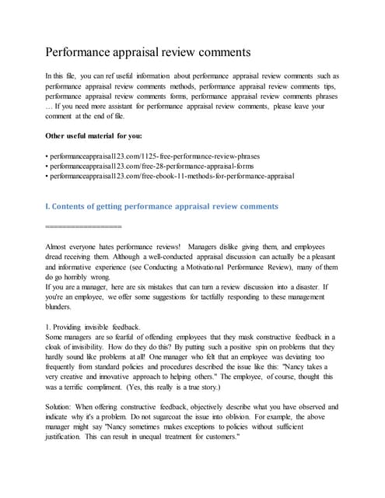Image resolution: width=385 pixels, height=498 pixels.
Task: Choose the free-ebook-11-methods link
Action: point(172,177)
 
